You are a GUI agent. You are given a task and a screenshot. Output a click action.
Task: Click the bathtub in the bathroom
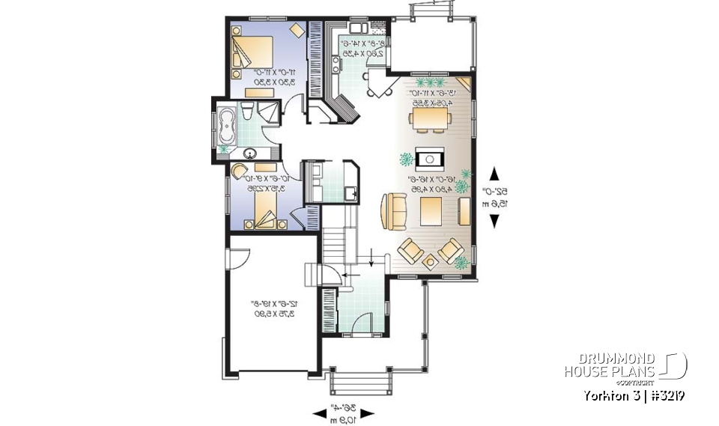pos(226,125)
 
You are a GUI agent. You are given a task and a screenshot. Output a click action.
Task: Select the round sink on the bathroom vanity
pos(249,155)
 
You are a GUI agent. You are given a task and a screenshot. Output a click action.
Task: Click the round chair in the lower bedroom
pos(243,173)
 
